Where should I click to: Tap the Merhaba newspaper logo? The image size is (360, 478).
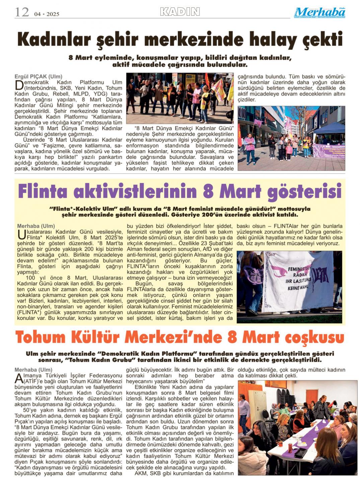click(x=320, y=13)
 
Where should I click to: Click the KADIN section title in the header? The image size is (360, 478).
click(x=180, y=12)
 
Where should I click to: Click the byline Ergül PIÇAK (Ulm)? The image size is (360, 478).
click(x=38, y=76)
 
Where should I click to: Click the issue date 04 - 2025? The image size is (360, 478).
click(x=47, y=14)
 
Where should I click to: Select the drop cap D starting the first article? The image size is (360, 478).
click(x=19, y=85)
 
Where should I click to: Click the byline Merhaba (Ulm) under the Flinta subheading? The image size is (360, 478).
click(x=36, y=226)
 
